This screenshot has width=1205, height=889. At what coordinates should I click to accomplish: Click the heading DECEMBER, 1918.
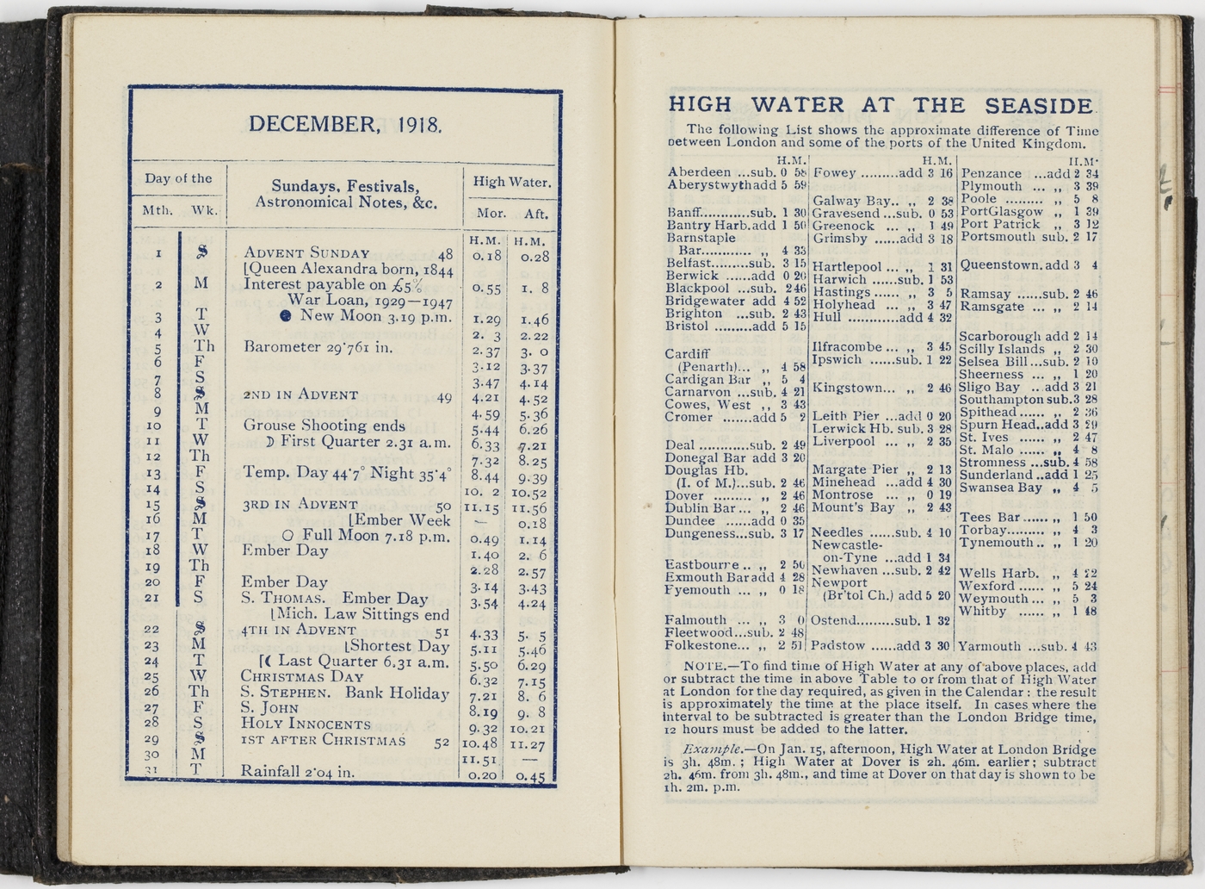[x=346, y=124]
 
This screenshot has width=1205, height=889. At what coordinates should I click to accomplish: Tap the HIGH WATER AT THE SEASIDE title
[x=881, y=105]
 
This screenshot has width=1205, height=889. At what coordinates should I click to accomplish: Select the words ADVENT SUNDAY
[x=306, y=253]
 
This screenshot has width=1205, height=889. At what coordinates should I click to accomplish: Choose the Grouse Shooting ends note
[x=324, y=425]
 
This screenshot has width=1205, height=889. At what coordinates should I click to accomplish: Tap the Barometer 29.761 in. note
[x=318, y=347]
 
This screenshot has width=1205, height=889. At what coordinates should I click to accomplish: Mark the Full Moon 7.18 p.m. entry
[x=364, y=535]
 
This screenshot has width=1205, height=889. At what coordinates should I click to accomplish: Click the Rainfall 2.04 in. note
[x=297, y=771]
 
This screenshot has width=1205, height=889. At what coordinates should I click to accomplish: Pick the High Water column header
[x=511, y=182]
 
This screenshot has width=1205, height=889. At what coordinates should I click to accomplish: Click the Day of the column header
[x=178, y=178]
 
